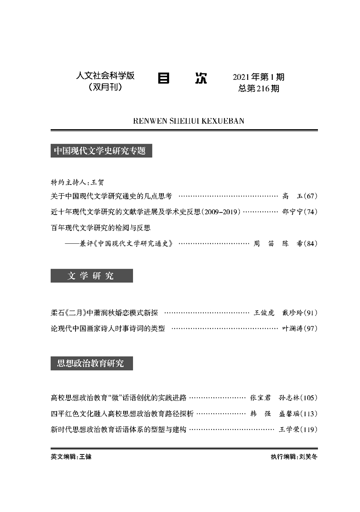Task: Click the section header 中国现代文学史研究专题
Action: coord(101,151)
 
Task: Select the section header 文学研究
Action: coord(91,276)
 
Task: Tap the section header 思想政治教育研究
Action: coord(91,364)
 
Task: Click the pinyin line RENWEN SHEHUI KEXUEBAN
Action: coord(189,121)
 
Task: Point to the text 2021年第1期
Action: coord(258,77)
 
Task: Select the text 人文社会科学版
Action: coord(105,76)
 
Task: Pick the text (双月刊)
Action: coord(105,87)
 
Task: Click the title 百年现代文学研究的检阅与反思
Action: coord(100,227)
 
